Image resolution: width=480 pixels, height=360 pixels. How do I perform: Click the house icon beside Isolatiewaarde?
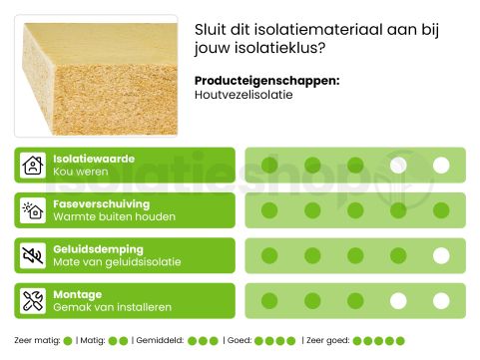[33, 166]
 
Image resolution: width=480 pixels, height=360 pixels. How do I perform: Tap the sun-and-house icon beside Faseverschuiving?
[33, 210]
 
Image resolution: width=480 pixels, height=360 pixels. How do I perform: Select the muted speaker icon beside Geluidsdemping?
[33, 255]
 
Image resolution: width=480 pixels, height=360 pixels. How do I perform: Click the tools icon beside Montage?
[33, 300]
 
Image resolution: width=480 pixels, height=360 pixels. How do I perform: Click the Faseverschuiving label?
[101, 203]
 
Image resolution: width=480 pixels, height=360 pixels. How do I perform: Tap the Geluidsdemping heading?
[98, 248]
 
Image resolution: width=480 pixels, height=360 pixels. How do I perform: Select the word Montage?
[77, 294]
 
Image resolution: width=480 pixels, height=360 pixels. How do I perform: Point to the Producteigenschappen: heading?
[266, 80]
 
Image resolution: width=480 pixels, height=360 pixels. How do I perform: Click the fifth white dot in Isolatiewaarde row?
[441, 166]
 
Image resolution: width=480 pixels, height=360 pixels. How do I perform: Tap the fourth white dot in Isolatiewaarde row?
[398, 166]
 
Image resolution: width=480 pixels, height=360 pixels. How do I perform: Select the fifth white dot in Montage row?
[441, 300]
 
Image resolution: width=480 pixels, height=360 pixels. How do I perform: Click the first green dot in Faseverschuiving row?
[269, 210]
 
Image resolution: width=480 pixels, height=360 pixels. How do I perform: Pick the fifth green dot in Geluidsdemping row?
[441, 255]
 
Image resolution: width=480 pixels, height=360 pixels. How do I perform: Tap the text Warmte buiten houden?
[114, 217]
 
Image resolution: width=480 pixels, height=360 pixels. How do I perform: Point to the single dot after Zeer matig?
[68, 341]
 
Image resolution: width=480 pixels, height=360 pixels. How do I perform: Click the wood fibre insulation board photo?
[96, 75]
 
